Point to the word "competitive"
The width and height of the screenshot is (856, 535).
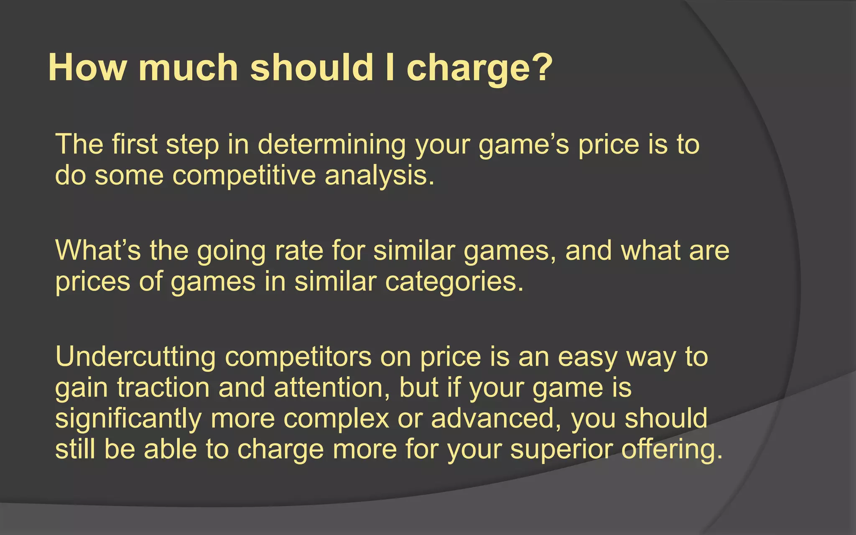(244, 176)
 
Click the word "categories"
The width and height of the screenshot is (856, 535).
(453, 282)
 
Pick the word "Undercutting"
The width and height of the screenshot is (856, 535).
(135, 357)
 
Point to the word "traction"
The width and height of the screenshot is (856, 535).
(163, 388)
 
